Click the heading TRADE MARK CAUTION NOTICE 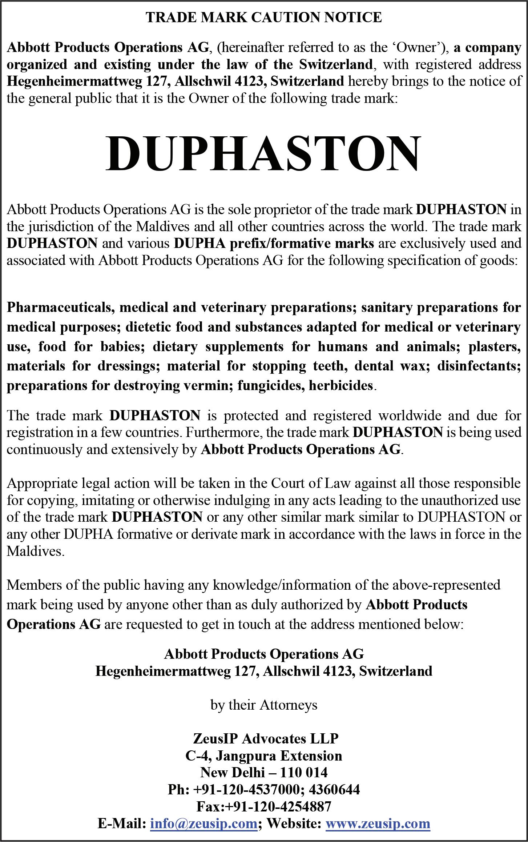264,17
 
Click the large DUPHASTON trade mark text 264,153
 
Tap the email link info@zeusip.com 203,823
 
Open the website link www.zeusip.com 378,823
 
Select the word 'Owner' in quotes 419,47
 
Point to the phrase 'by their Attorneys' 264,705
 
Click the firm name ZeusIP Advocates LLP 266,738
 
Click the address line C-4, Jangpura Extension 264,755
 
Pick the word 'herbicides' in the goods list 340,385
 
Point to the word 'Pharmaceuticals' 61,307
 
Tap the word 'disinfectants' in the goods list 478,365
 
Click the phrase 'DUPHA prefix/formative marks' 274,243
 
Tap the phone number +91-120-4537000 247,789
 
